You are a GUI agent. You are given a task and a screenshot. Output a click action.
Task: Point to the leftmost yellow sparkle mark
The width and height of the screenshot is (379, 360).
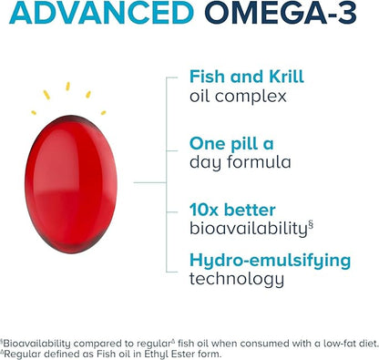pyautogui.click(x=35, y=112)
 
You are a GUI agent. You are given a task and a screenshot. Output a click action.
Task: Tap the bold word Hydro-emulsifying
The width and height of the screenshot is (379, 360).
pyautogui.click(x=270, y=260)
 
